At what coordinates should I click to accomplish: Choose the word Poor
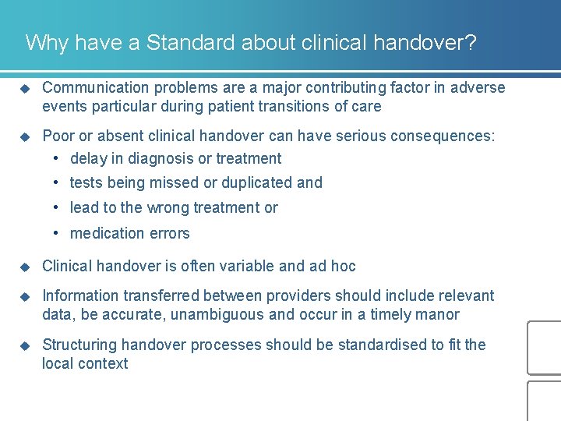(58, 136)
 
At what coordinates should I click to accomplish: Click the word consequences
(443, 136)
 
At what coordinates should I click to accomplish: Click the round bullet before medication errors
(57, 233)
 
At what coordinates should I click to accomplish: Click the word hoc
(343, 266)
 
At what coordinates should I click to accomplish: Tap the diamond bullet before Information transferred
(24, 295)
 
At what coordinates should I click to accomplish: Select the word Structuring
(79, 345)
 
